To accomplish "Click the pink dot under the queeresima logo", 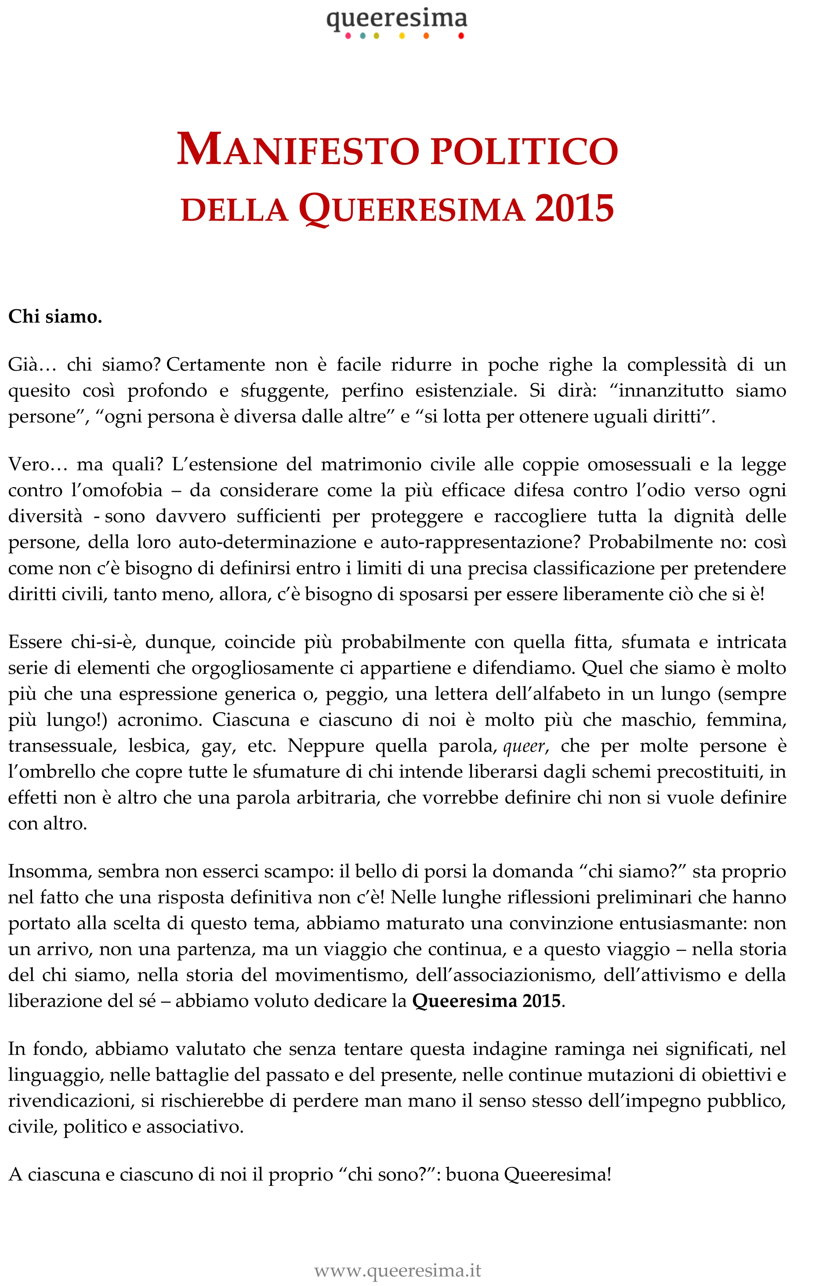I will click(x=348, y=36).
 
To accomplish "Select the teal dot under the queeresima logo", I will click(x=363, y=36).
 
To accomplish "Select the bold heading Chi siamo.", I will click(x=55, y=317).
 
